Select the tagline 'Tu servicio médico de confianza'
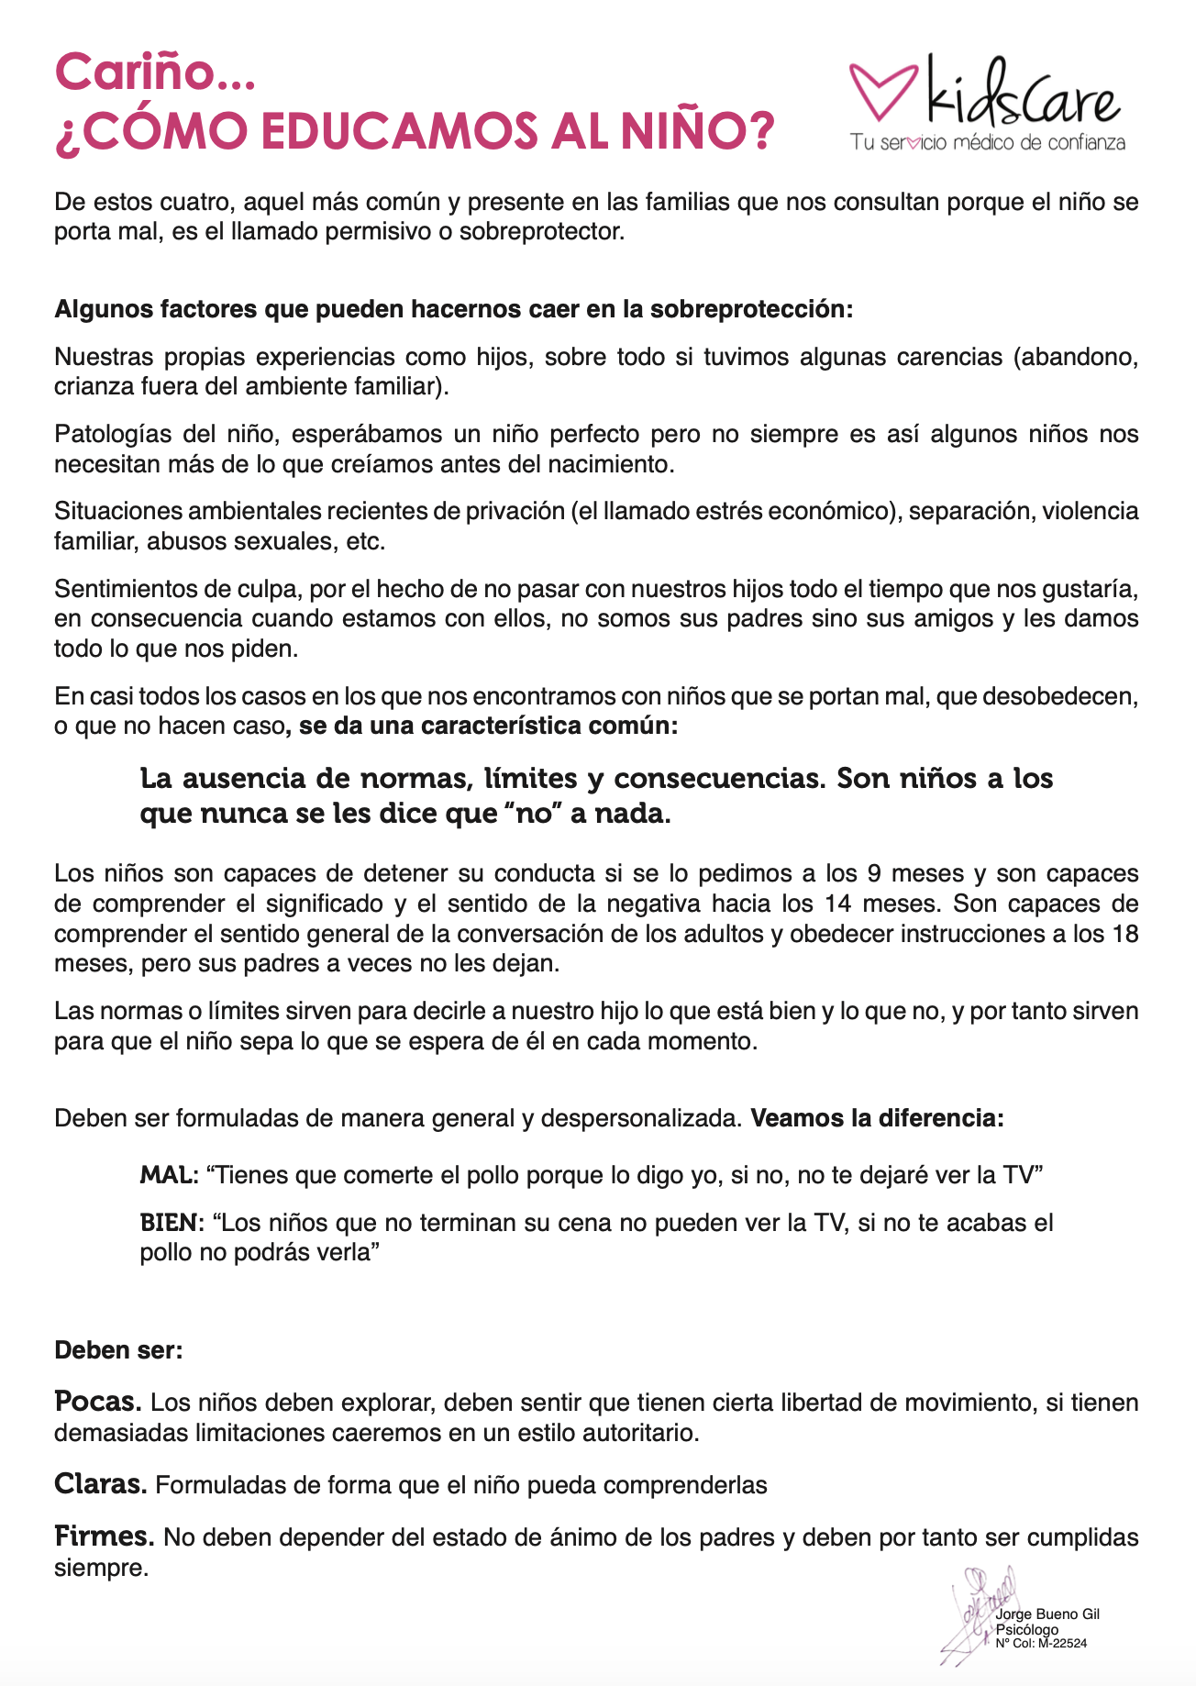[987, 143]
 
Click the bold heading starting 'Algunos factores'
[454, 308]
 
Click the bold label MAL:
[169, 1174]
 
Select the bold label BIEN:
[172, 1223]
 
